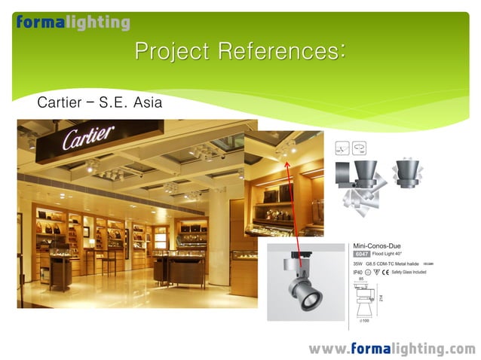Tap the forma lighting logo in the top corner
pyautogui.click(x=73, y=23)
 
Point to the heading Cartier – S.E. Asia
pyautogui.click(x=100, y=102)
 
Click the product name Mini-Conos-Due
pyautogui.click(x=381, y=245)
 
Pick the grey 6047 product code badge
pyautogui.click(x=361, y=254)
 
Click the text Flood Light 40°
pyautogui.click(x=391, y=254)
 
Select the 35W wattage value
pyautogui.click(x=357, y=264)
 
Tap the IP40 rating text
pyautogui.click(x=358, y=272)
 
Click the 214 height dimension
pyautogui.click(x=381, y=299)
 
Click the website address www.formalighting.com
pyautogui.click(x=391, y=349)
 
